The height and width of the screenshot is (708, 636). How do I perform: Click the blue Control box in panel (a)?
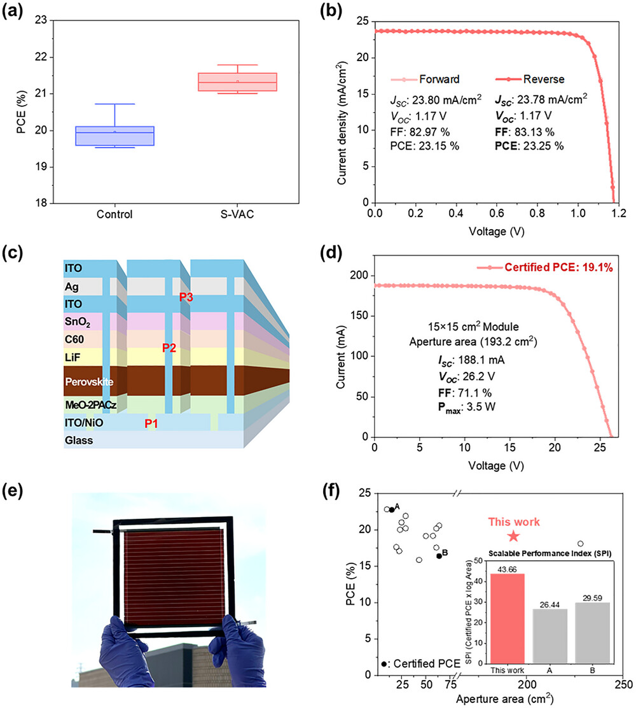coord(115,136)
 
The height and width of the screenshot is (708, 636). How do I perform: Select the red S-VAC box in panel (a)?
coord(237,82)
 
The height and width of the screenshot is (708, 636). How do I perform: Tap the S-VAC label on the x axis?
coord(237,215)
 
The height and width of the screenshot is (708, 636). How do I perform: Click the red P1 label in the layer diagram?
coord(151,423)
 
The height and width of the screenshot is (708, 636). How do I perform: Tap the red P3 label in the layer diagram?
coord(186,297)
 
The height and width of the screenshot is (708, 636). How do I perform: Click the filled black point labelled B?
coord(439,556)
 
